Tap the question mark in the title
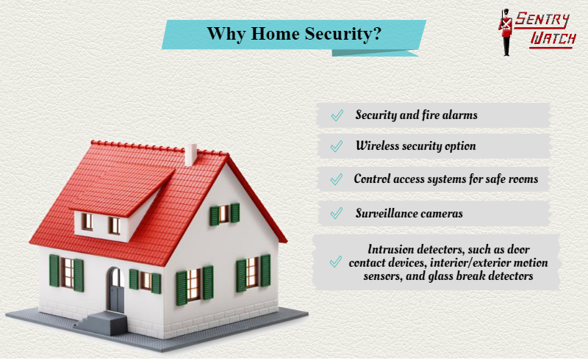coord(377,33)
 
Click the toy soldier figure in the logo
coord(506,32)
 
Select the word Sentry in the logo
coord(542,21)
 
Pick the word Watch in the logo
coord(553,38)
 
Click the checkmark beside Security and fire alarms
coord(337,115)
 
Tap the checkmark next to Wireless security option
coord(337,146)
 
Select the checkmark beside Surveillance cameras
coord(337,213)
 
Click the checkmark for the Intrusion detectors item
coord(336,262)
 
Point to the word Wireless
coord(377,145)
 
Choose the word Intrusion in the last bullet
coord(391,249)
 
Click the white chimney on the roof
coord(191,154)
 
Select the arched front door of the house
coord(116,291)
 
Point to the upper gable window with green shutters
coord(224,214)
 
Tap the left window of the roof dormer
coord(87,221)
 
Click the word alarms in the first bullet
coord(460,115)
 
